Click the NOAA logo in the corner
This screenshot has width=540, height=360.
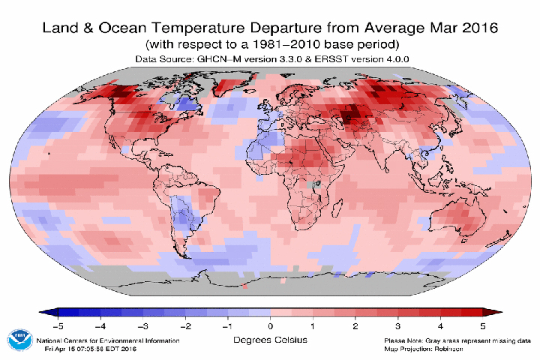20,340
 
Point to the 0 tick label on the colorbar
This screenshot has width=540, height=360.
270,326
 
